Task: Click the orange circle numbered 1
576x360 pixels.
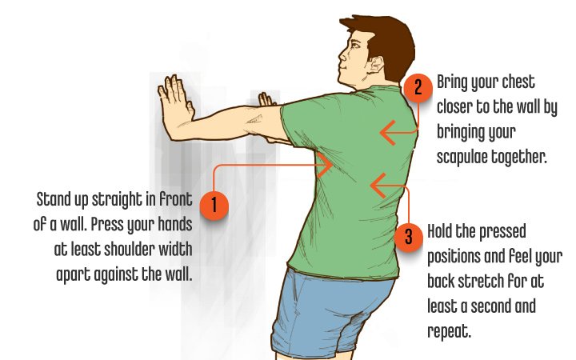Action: coord(214,206)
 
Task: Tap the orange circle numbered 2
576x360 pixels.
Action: coord(418,88)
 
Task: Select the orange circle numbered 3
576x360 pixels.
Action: coord(409,237)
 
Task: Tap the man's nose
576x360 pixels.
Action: coord(342,56)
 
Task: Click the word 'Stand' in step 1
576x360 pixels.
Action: coord(54,199)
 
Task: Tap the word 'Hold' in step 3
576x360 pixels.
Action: coord(440,231)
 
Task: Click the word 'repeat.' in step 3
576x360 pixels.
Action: coord(449,331)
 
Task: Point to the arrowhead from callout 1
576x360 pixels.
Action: coord(325,165)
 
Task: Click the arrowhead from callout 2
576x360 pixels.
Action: coord(388,133)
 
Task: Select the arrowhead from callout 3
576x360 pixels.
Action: coord(378,186)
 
